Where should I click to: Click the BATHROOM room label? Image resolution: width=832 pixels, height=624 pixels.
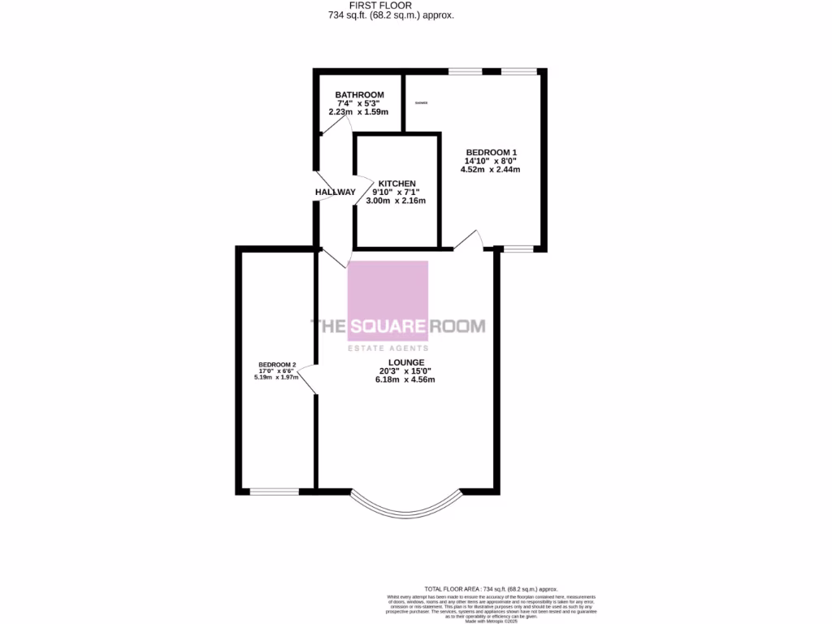click(359, 95)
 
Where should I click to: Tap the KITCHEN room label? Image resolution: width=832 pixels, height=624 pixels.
click(396, 184)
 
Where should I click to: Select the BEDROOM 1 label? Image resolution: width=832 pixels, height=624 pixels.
click(491, 152)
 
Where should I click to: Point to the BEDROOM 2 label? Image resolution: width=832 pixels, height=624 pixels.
click(277, 364)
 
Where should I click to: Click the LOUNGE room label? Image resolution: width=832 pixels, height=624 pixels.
click(406, 362)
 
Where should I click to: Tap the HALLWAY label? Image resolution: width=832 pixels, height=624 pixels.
click(336, 193)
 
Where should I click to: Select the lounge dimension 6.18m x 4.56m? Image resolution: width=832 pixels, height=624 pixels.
click(405, 379)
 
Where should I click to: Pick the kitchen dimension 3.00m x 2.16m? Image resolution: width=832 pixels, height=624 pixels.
click(396, 201)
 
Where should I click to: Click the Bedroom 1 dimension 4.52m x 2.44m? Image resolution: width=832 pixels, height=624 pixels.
click(492, 170)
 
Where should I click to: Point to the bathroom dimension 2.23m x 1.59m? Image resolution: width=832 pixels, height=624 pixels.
click(359, 112)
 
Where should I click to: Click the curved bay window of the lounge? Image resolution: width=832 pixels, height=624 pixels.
click(405, 507)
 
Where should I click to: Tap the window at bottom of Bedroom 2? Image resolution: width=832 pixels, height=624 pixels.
click(274, 492)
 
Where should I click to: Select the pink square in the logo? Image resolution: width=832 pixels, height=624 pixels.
click(388, 301)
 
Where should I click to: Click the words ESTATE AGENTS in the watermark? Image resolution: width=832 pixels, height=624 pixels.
click(388, 349)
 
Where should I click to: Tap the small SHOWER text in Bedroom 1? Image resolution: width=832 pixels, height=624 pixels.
click(421, 103)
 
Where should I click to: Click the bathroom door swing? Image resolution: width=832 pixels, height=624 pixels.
click(344, 127)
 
